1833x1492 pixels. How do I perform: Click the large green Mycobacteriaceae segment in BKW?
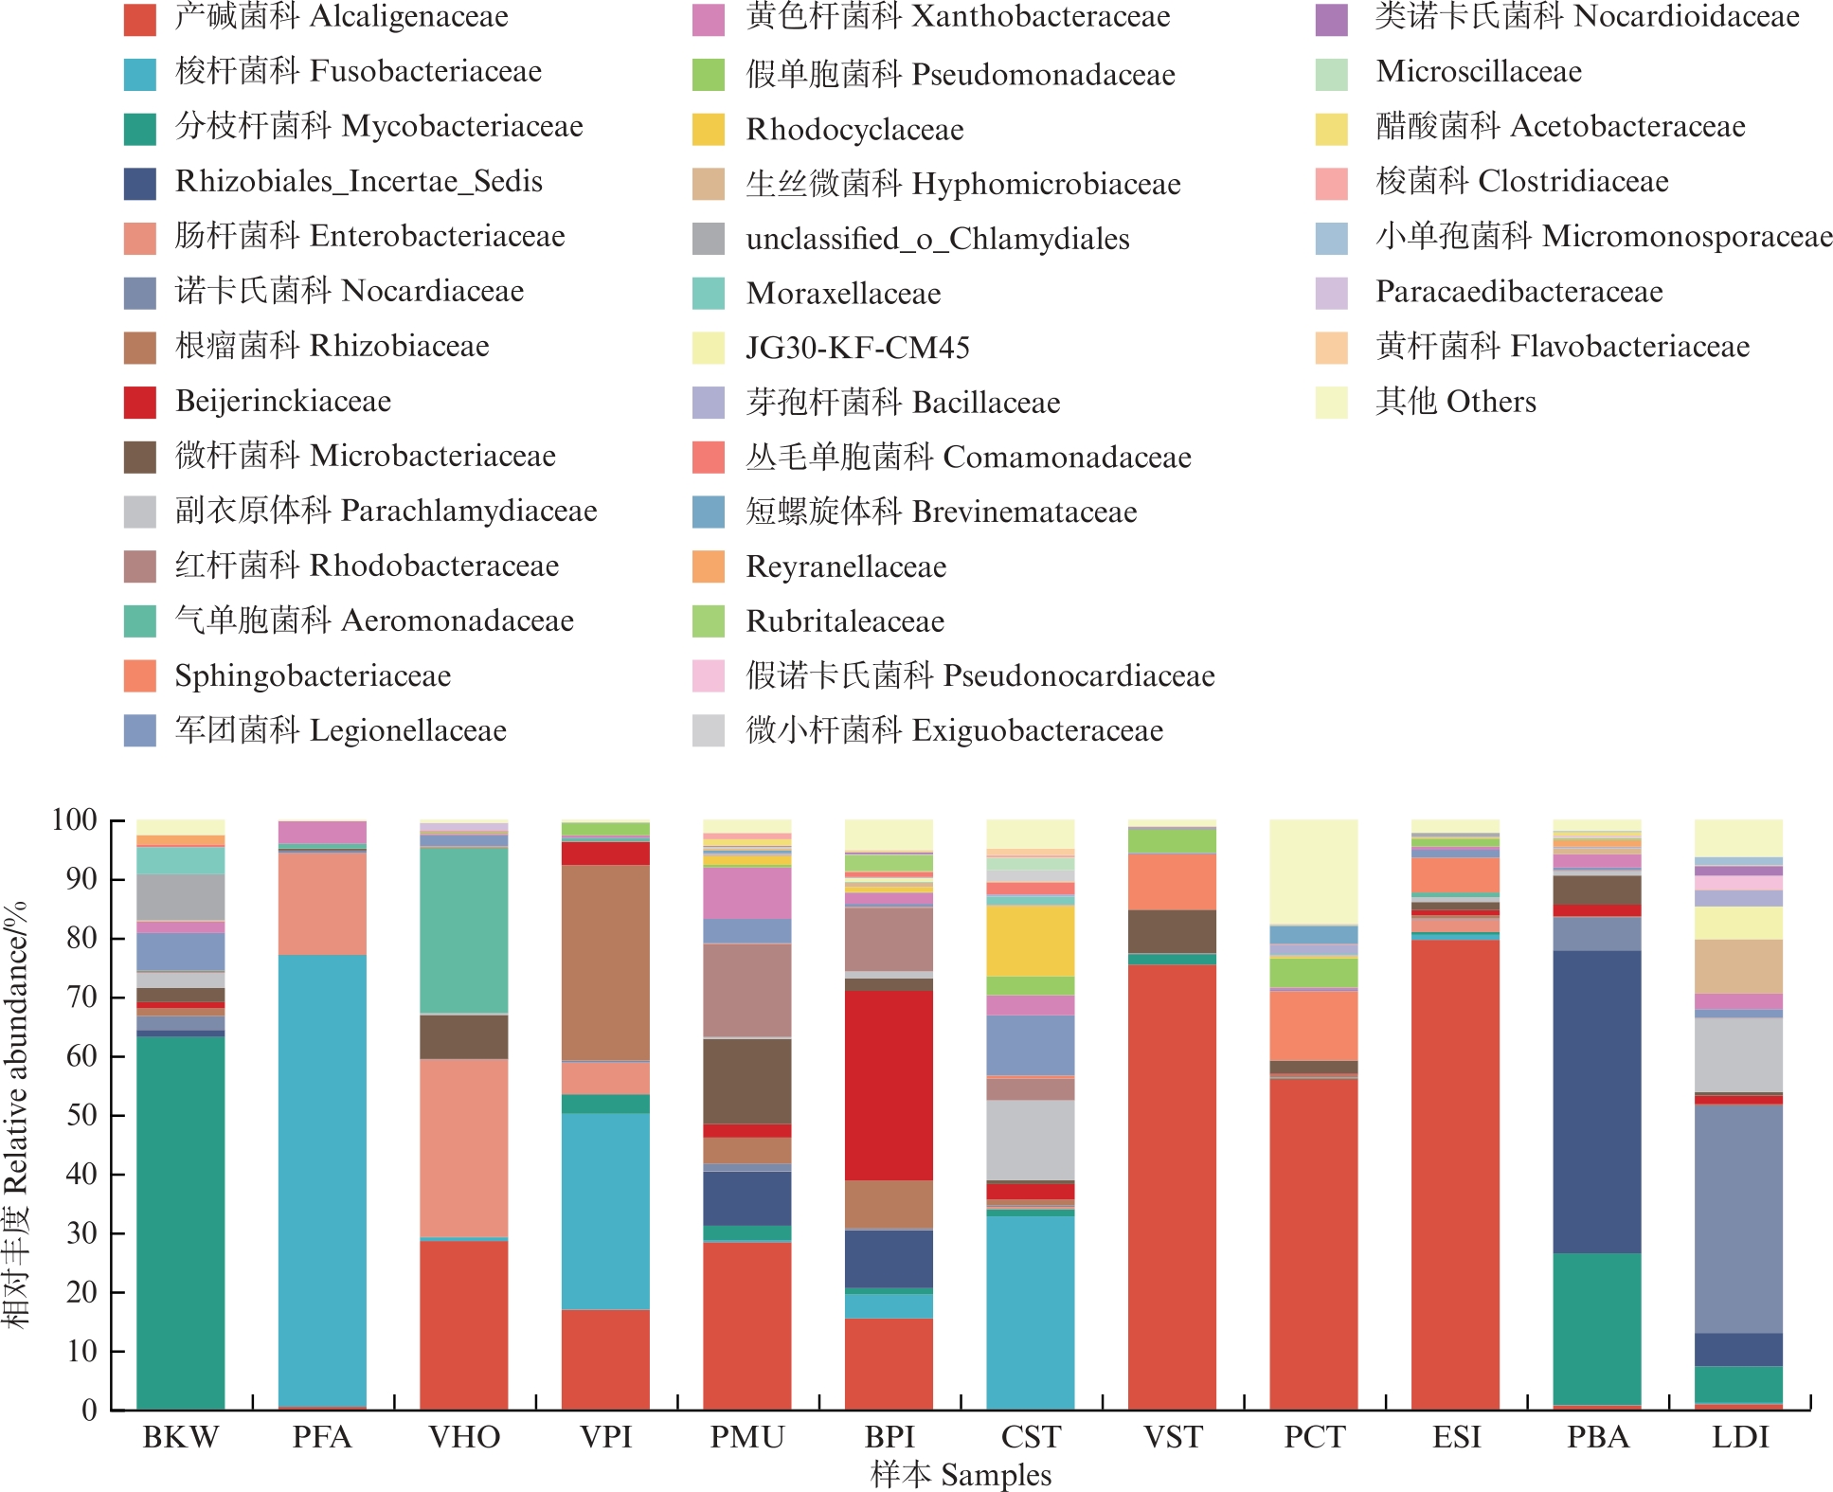pos(180,1222)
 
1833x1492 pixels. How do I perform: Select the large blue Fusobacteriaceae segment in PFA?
pos(322,1179)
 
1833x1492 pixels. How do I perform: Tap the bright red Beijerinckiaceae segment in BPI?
pos(889,1085)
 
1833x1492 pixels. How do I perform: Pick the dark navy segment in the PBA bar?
pos(1597,1102)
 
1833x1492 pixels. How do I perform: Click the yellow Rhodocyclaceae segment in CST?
pos(1031,941)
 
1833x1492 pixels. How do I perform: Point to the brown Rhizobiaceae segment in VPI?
pos(605,962)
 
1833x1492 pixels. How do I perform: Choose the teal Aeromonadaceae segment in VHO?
pos(464,930)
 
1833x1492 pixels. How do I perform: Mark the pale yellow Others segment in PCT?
pos(1314,872)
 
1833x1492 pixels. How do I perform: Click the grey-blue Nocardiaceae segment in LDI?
pos(1738,1218)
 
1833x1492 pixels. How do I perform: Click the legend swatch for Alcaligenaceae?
pos(140,19)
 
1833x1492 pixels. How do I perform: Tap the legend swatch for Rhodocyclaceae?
pos(709,129)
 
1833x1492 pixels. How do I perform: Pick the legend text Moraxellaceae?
pos(843,294)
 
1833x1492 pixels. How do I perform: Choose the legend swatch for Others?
pos(1332,402)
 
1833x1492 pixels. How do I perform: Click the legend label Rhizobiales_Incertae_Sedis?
pos(359,182)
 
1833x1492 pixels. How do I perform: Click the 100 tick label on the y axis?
pos(74,820)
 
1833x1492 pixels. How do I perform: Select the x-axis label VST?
pos(1173,1437)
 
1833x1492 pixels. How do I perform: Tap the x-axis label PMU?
pos(747,1437)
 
